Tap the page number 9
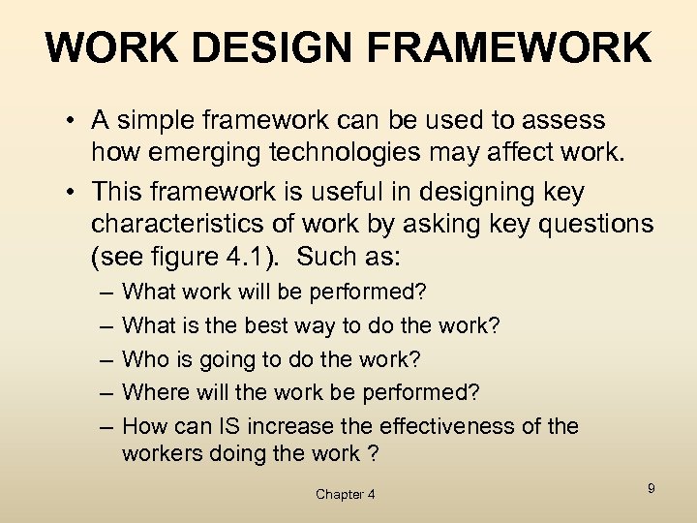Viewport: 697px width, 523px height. (x=651, y=488)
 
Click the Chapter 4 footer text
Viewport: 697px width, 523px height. (x=346, y=494)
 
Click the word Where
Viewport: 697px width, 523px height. (x=155, y=392)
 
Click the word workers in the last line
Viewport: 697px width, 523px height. (x=160, y=452)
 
